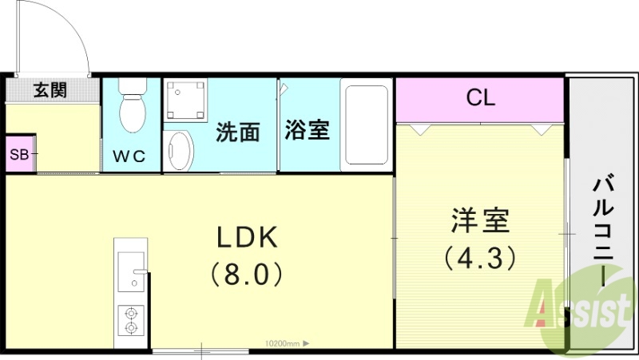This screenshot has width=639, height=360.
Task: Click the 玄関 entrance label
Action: [x=50, y=89]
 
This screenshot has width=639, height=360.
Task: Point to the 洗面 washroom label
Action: [x=238, y=132]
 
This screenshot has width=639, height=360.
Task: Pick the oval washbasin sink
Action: [x=181, y=150]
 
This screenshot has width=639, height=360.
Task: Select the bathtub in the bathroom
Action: [x=365, y=125]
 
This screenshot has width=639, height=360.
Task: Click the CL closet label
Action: [x=481, y=98]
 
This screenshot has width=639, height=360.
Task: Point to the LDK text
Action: [x=247, y=237]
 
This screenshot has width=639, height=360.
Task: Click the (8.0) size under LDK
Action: [x=247, y=275]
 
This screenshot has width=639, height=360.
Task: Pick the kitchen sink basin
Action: [x=129, y=272]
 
